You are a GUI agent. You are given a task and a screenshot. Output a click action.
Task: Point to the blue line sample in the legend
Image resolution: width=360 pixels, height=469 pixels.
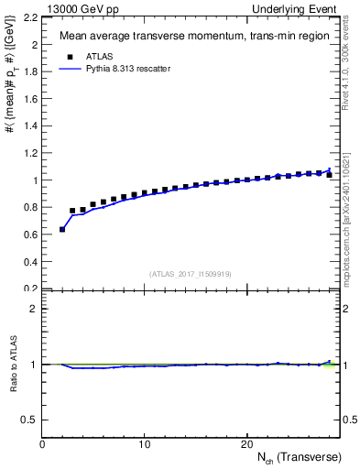69,68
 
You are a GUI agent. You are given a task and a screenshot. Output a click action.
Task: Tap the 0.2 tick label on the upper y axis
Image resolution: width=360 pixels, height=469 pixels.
29,288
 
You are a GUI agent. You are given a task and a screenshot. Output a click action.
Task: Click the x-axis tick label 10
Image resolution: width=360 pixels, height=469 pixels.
145,444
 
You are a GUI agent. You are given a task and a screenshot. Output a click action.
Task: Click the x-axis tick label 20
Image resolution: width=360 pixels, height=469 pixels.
246,444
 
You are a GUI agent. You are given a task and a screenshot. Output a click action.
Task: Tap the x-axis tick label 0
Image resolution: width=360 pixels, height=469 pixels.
43,444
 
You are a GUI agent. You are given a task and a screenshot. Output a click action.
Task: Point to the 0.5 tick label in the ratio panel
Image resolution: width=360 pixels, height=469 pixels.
29,420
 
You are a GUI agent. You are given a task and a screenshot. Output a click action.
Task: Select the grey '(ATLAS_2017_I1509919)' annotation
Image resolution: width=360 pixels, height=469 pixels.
191,273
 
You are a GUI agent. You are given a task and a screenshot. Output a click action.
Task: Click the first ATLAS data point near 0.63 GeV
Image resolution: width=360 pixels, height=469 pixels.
62,229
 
